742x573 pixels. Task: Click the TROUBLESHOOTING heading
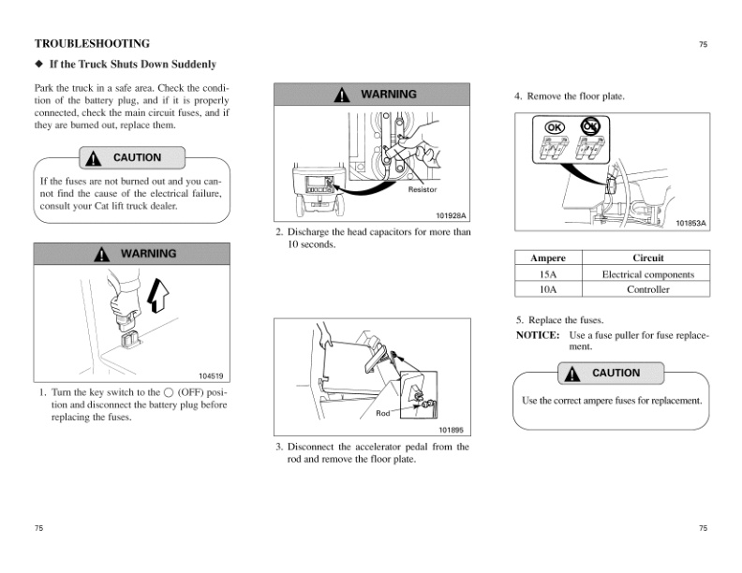pos(92,43)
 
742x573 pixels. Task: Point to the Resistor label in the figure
pos(423,190)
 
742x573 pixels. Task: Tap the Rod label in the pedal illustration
pos(382,413)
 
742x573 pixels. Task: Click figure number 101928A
pos(451,215)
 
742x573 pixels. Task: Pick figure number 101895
pos(452,429)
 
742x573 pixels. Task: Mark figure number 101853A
pos(691,223)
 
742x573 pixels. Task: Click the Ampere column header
pos(548,258)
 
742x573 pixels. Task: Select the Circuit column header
pos(647,258)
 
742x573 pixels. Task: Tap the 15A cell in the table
pos(548,274)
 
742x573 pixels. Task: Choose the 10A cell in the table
pos(548,290)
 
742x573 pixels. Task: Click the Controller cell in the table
pos(647,290)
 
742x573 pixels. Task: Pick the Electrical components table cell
pos(647,274)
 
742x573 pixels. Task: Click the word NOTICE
pos(538,334)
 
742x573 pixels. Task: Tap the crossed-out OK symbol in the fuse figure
pos(589,125)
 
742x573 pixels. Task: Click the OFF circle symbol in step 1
pos(168,392)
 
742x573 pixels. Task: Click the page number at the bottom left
pos(39,529)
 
